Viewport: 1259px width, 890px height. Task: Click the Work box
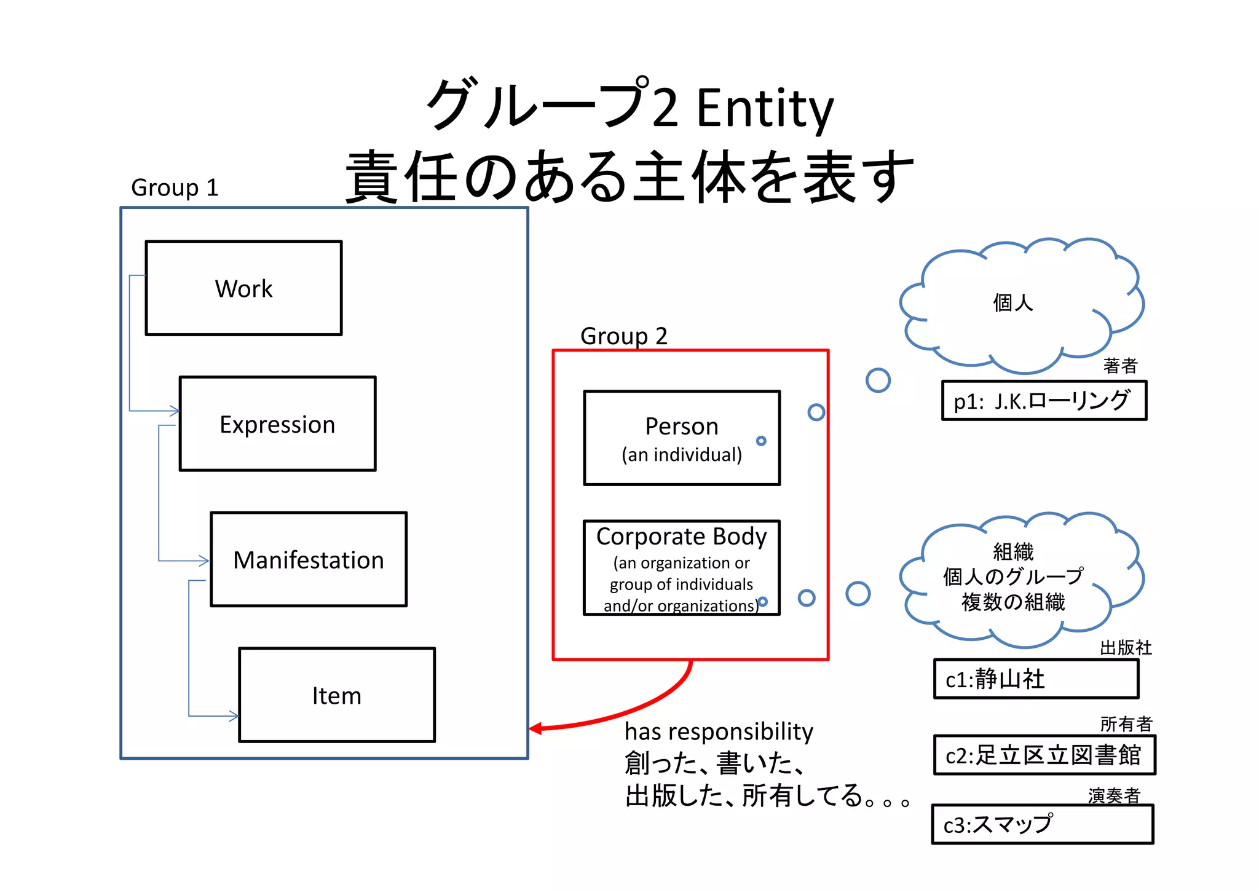(x=243, y=288)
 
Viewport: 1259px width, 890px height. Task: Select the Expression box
(x=277, y=424)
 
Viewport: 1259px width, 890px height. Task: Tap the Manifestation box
(x=309, y=559)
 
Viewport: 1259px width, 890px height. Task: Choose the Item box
(x=337, y=695)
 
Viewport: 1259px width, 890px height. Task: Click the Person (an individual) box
(x=681, y=438)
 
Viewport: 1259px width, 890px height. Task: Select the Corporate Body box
(x=681, y=568)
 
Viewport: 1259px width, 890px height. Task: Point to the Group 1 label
(x=175, y=187)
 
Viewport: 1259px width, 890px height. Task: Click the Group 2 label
(x=623, y=336)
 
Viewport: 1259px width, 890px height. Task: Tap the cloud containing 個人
(x=1020, y=304)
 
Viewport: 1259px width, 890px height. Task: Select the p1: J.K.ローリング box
(x=1044, y=401)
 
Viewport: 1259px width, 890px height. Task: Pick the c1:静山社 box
(x=1036, y=679)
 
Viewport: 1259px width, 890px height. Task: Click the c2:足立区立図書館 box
(x=1044, y=755)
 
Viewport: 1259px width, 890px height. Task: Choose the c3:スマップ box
(x=1042, y=825)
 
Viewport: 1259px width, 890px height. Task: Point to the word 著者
(x=1120, y=366)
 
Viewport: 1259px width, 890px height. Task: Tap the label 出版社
(x=1125, y=648)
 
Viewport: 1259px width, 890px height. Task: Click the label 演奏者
(x=1113, y=796)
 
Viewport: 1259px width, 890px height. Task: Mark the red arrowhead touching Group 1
(x=535, y=729)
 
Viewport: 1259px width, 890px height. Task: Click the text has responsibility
(x=719, y=731)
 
